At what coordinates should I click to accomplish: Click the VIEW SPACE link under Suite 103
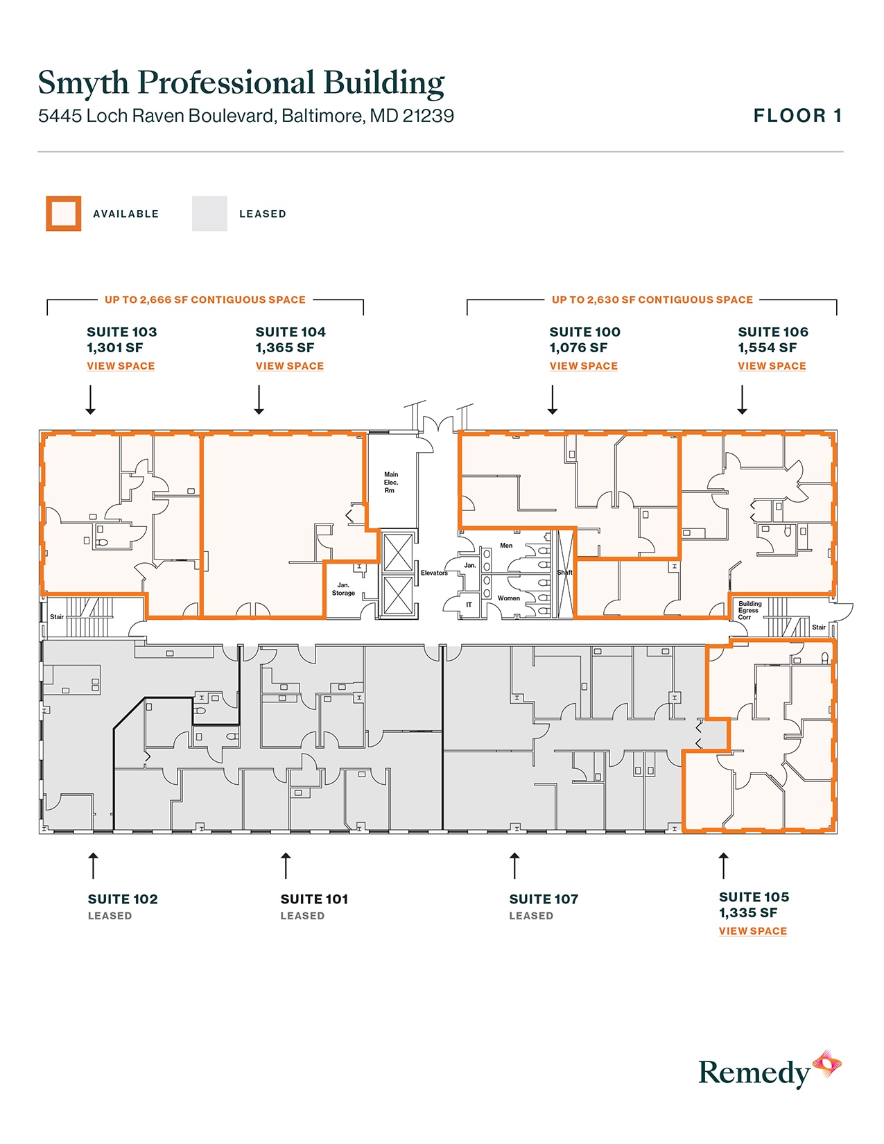click(121, 366)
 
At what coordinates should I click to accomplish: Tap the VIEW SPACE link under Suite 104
click(289, 366)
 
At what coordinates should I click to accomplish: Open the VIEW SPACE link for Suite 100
click(583, 366)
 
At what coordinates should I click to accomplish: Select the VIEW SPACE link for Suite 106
click(772, 366)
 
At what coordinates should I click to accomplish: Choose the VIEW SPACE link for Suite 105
click(752, 931)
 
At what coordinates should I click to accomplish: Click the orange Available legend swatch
click(64, 214)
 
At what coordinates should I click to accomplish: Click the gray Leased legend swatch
click(209, 214)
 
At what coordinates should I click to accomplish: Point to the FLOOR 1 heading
click(797, 116)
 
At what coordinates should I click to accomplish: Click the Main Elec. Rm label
click(391, 483)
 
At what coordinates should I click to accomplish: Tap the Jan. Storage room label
click(343, 589)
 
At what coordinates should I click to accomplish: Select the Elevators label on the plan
click(434, 573)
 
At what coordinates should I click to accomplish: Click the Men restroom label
click(506, 546)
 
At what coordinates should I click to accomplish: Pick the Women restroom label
click(508, 598)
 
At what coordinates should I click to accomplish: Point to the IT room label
click(469, 605)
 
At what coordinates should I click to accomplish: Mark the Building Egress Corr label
click(749, 610)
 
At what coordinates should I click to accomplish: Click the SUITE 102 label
click(123, 899)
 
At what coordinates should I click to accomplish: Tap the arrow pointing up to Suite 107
click(514, 865)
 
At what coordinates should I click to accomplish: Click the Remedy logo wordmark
click(754, 1073)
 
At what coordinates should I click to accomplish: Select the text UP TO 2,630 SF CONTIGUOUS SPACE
click(652, 300)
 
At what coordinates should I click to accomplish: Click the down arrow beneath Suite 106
click(743, 401)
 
